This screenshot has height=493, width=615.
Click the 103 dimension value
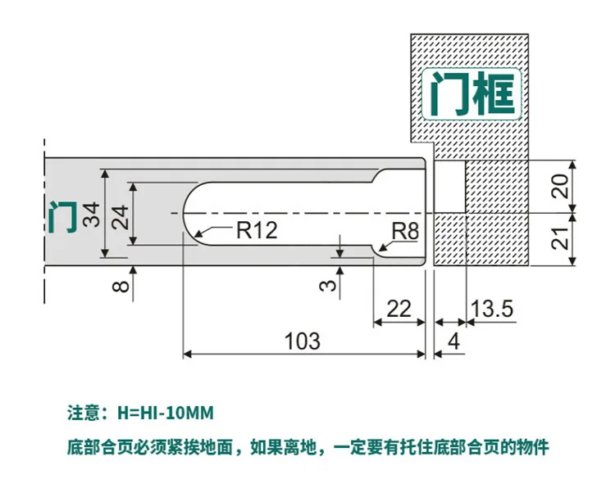pyautogui.click(x=302, y=340)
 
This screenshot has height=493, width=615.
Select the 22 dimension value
pyautogui.click(x=399, y=309)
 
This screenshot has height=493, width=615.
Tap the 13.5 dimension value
pyautogui.click(x=491, y=309)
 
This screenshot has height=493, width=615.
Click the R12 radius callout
pyautogui.click(x=256, y=230)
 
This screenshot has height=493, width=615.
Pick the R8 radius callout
pyautogui.click(x=404, y=232)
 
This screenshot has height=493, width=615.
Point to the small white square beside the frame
pyautogui.click(x=448, y=186)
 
